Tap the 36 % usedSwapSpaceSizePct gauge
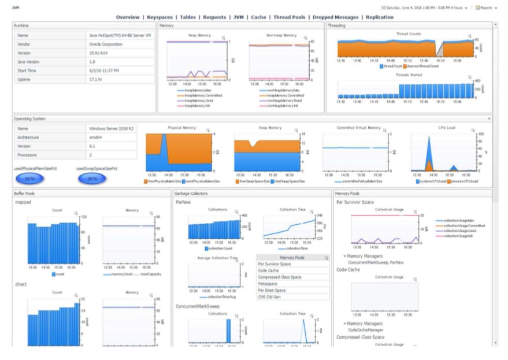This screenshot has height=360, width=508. click(x=92, y=179)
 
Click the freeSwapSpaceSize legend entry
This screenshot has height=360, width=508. click(x=250, y=181)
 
